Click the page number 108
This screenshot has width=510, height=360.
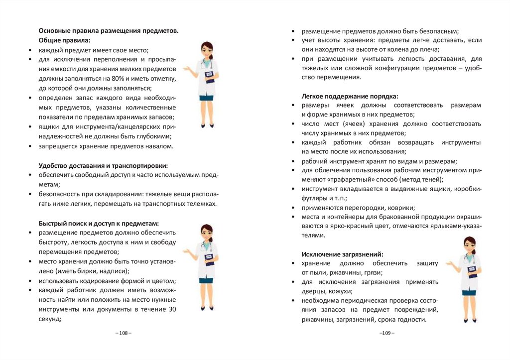tap(123, 333)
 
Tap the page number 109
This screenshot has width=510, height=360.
tap(386, 333)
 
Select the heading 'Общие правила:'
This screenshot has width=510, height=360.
tap(64, 40)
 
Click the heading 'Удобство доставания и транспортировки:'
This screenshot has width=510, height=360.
tap(103, 165)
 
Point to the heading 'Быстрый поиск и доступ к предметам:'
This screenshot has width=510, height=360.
tap(99, 223)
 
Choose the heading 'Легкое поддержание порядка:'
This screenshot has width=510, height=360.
tap(350, 96)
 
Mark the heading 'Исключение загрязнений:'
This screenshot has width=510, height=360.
tap(342, 254)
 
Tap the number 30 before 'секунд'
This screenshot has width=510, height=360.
tap(172, 310)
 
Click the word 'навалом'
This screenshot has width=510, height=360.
tap(159, 146)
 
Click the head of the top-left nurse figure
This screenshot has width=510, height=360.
tap(207, 50)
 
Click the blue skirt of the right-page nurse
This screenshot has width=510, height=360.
tap(469, 293)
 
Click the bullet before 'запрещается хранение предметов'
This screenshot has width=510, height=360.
tap(31, 146)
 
